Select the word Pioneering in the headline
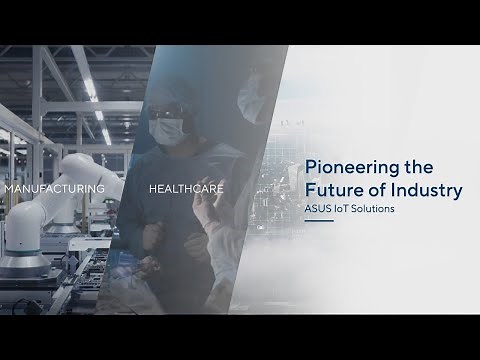coord(344,165)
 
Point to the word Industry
coord(421,188)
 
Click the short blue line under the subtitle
coord(318,223)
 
